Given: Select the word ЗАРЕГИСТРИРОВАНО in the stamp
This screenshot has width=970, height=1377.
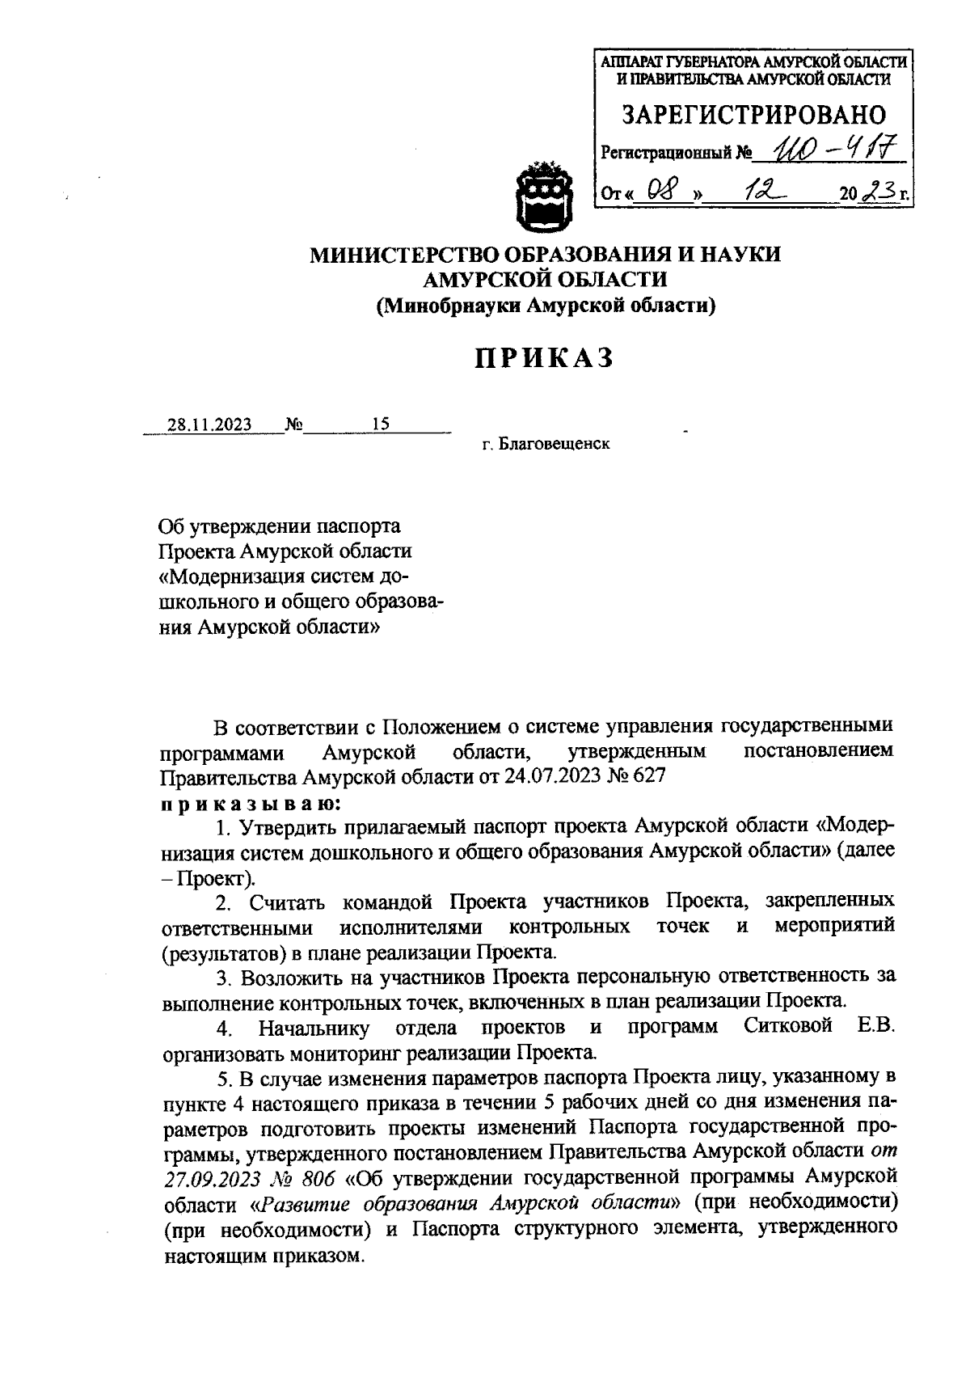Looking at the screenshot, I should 753,114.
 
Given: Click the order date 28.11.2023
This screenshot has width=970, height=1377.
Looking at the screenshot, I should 209,425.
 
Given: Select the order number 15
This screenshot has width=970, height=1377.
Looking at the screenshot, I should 380,424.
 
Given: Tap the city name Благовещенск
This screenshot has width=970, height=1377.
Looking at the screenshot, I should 554,444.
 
